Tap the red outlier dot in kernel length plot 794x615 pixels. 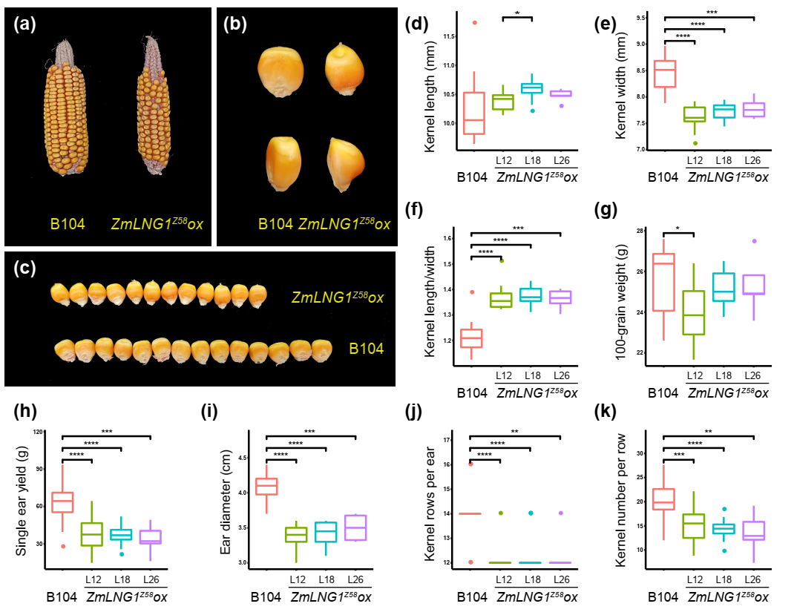pos(475,22)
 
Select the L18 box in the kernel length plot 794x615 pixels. pos(531,88)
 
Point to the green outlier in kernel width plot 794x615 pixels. pos(695,143)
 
